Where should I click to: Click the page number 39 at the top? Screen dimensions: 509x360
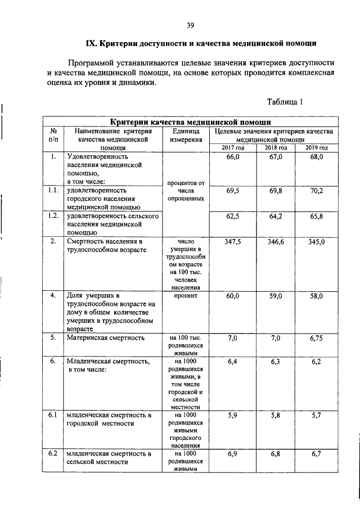[190, 25]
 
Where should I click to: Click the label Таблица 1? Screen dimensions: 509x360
[285, 102]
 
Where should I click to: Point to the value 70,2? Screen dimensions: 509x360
[316, 191]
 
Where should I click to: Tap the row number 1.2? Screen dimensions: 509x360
[53, 216]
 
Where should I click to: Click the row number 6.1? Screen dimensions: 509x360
[53, 415]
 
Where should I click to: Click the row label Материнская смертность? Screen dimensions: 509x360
[106, 338]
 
